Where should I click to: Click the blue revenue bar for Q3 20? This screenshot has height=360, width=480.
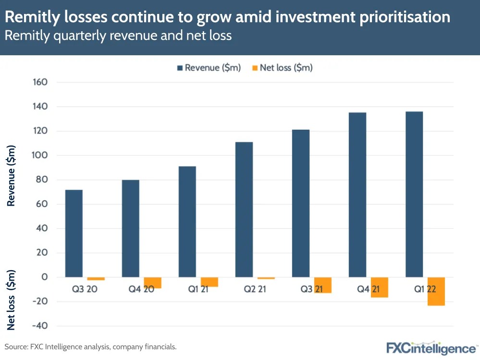(74, 233)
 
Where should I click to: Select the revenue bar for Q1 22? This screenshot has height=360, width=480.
(414, 194)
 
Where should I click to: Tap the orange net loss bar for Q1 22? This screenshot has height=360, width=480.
(436, 291)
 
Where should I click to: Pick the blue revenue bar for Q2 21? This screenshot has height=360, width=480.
(244, 210)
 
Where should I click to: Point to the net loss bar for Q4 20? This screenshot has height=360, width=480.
(152, 283)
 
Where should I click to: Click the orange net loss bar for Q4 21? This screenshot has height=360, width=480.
(380, 287)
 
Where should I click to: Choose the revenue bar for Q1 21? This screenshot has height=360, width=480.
(187, 222)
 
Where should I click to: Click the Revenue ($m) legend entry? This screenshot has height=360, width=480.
(209, 68)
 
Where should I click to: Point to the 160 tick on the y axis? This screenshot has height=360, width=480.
(40, 82)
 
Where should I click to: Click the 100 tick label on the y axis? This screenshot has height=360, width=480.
(40, 155)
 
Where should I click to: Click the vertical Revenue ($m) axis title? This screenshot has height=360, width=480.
(12, 175)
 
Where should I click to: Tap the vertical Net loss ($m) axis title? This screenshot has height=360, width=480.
(12, 299)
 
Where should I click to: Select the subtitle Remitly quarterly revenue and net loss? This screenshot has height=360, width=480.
(118, 36)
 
